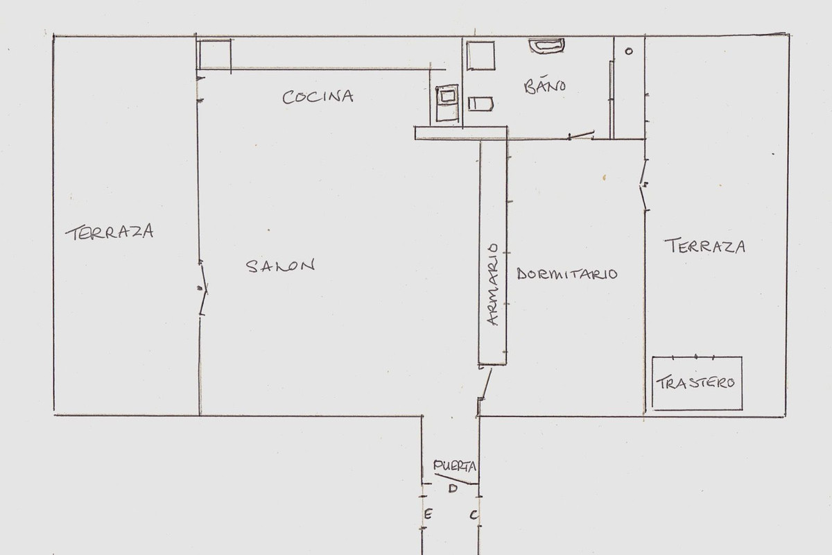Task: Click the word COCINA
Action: [x=318, y=96]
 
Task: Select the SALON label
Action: [x=280, y=266]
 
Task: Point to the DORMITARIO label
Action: [x=567, y=274]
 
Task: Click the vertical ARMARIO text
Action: [x=494, y=284]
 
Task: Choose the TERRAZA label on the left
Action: [x=109, y=232]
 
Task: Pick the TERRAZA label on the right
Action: [x=704, y=246]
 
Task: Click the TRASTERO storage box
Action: [x=697, y=383]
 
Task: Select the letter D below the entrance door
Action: [x=451, y=489]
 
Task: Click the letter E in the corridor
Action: [x=428, y=514]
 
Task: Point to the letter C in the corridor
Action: [x=474, y=515]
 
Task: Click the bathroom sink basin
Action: [x=548, y=46]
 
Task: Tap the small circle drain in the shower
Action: [x=629, y=51]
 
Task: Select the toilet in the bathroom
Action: [x=480, y=104]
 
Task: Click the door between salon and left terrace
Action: [x=202, y=288]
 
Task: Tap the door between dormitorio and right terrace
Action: [x=644, y=186]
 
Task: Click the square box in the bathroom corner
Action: [x=480, y=55]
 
